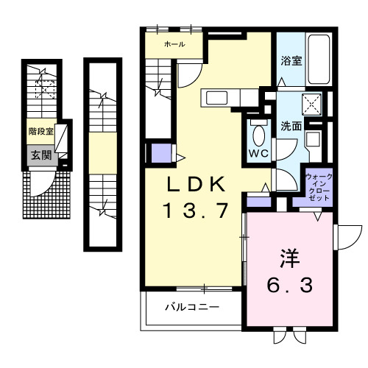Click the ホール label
tap(174, 45)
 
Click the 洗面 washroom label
tap(291, 126)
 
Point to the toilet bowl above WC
tap(258, 135)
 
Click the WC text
tap(257, 154)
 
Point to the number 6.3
tap(288, 283)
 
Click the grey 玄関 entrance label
tap(40, 155)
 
